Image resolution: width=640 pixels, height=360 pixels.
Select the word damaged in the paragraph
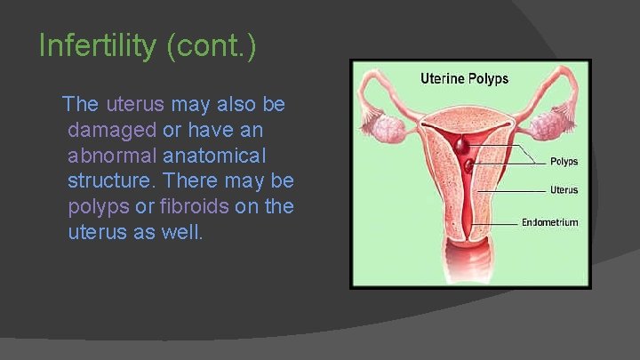point(111,130)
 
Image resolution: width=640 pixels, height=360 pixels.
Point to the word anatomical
point(213,156)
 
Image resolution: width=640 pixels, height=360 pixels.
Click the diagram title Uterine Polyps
point(464,78)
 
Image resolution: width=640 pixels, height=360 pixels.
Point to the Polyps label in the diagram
point(564,162)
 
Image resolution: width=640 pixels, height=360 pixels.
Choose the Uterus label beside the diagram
point(564,190)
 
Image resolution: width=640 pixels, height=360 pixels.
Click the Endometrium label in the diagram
point(549,222)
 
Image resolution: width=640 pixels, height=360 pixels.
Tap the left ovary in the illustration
point(388,128)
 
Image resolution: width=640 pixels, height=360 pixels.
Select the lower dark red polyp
point(468,164)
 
